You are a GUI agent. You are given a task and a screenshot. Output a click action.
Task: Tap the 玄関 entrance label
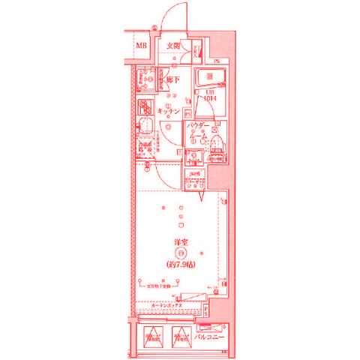click(173, 46)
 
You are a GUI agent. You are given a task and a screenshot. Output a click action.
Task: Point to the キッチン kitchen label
click(171, 109)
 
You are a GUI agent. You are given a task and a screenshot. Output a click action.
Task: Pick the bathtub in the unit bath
click(209, 78)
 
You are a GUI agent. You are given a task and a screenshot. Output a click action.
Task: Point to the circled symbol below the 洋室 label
click(180, 253)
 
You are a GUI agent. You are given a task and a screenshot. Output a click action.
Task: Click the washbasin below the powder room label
click(194, 156)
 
